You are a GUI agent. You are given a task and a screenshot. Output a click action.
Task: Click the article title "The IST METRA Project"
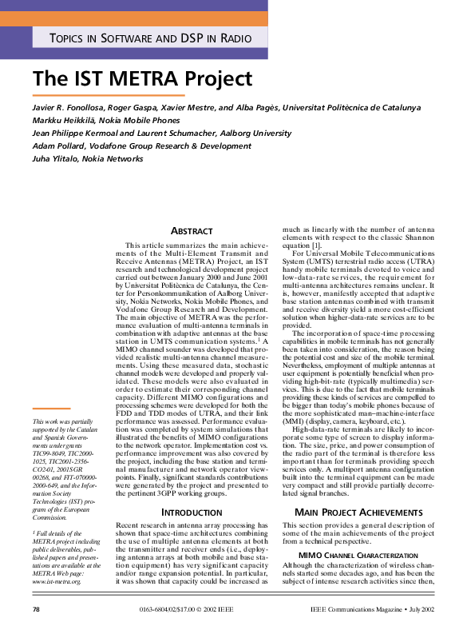click(143, 79)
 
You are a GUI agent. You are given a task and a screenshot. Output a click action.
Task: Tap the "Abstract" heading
click(192, 231)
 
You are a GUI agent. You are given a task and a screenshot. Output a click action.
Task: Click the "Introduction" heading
click(192, 511)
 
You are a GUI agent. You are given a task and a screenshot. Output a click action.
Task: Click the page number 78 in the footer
click(36, 610)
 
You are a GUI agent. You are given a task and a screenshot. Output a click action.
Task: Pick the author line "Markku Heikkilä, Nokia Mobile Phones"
click(111, 120)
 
